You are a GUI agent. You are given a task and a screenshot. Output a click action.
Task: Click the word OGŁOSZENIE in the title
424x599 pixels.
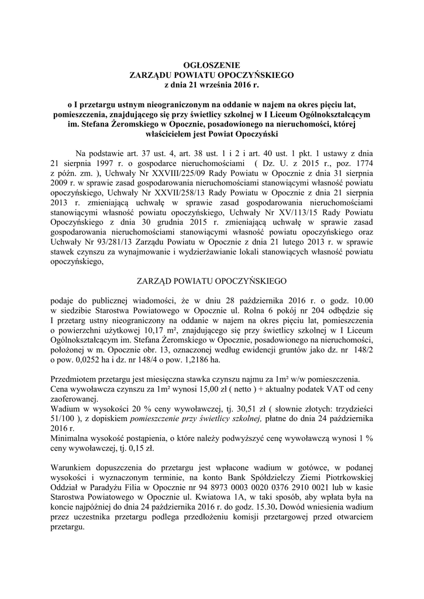(x=212, y=66)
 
